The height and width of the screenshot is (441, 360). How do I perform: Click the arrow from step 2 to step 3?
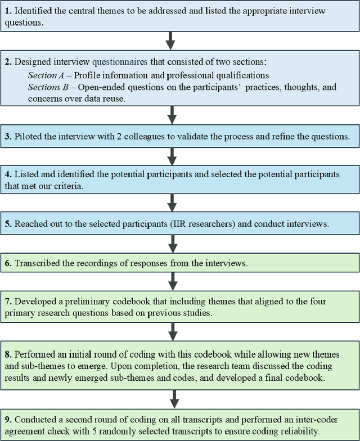172,115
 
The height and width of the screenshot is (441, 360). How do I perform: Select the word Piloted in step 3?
30,136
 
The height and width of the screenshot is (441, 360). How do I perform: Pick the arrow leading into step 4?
172,156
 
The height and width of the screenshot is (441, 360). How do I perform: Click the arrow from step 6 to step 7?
172,281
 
